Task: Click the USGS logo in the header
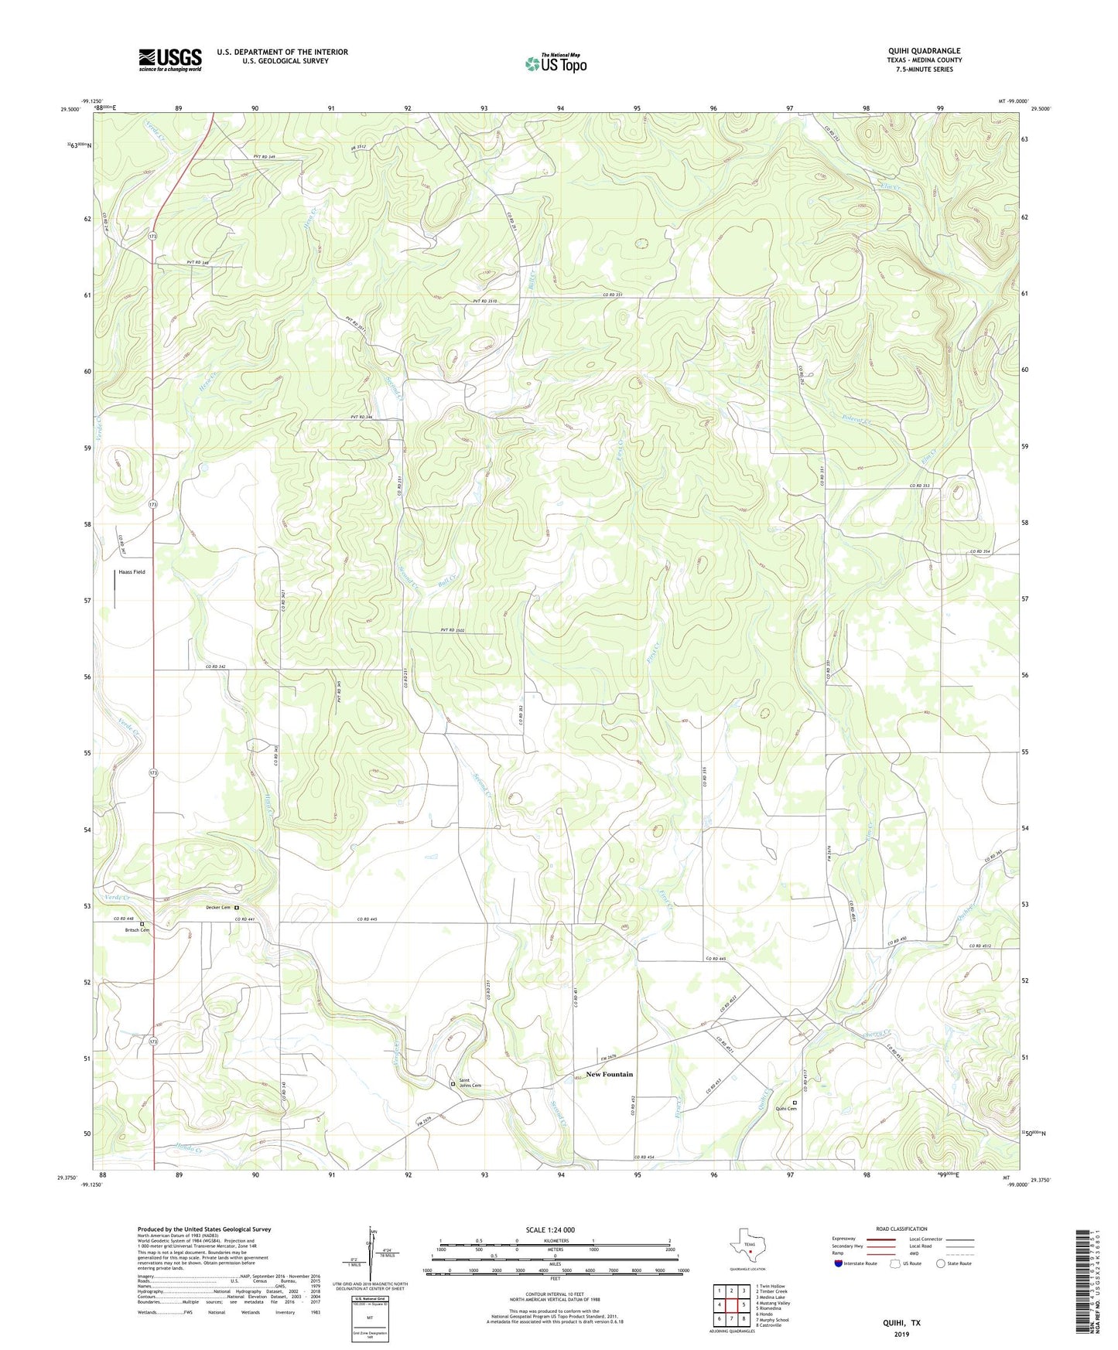pos(170,60)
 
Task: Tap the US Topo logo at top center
pos(556,63)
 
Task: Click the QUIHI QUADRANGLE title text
pos(924,51)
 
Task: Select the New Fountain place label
pos(609,1074)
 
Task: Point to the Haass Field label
pos(132,572)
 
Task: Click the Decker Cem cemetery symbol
pos(237,908)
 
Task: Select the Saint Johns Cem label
pos(470,1083)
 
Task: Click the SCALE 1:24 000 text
pos(550,1229)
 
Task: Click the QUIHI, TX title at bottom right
pos(901,1322)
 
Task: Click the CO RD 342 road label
pos(216,666)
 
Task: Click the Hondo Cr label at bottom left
pos(188,1147)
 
